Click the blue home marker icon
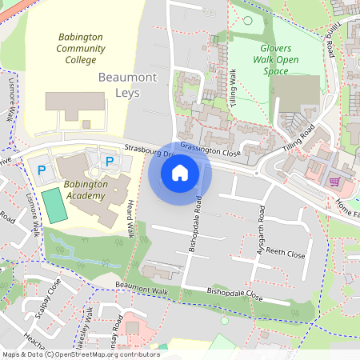180,173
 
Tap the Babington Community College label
81,48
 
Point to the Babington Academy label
95,190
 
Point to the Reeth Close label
286,254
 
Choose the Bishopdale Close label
234,294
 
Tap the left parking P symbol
41,169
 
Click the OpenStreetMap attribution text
81,354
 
